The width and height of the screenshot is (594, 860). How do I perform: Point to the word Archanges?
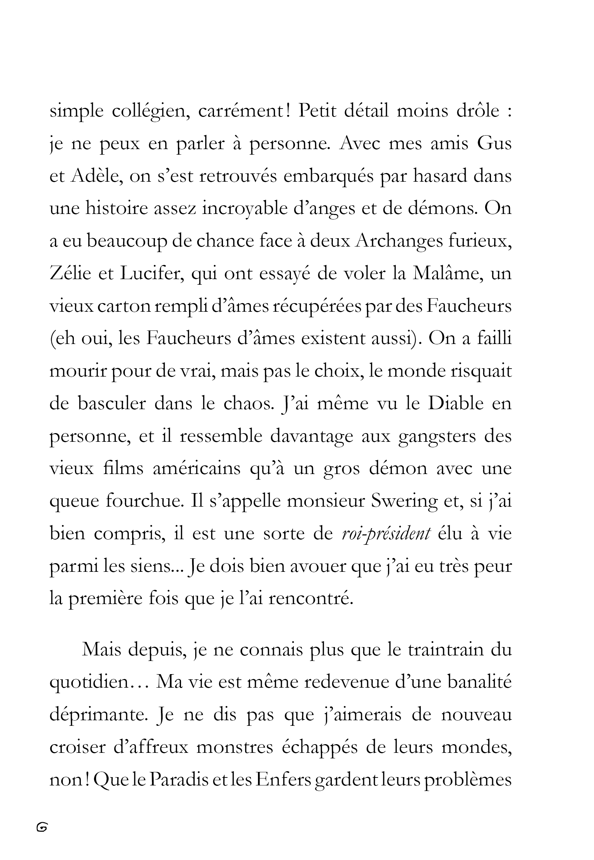pyautogui.click(x=399, y=241)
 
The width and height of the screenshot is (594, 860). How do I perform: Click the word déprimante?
pyautogui.click(x=97, y=714)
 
